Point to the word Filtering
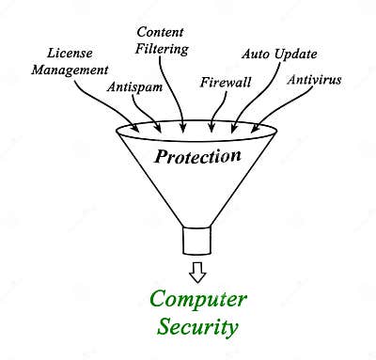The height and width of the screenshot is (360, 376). click(162, 47)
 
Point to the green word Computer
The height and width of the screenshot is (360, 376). click(198, 301)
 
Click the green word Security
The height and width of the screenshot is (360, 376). click(198, 327)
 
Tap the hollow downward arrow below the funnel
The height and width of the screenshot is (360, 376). click(196, 272)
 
